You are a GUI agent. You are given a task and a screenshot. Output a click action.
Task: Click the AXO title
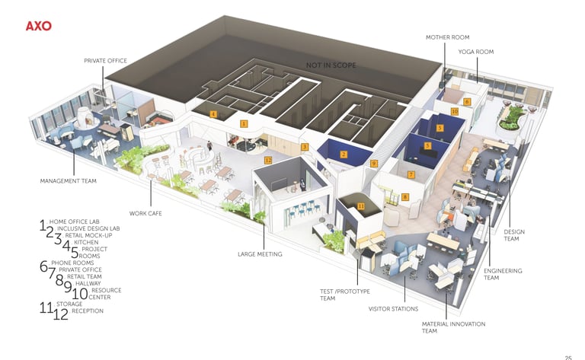[x=38, y=26]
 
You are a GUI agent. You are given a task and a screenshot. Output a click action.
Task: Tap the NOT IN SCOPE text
[x=331, y=65]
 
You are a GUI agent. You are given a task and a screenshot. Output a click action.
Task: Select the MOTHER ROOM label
[x=447, y=37]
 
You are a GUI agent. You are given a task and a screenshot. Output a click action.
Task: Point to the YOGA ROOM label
[x=476, y=52]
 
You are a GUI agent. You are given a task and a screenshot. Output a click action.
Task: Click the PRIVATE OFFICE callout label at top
[x=105, y=60]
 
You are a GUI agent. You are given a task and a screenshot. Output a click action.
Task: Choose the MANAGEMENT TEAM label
[x=69, y=181]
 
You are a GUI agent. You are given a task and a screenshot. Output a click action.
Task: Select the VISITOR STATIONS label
[x=393, y=309]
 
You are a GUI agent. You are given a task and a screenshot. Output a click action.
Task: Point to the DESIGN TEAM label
[x=514, y=235]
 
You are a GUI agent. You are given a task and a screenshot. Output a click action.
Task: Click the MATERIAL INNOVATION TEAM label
[x=453, y=327]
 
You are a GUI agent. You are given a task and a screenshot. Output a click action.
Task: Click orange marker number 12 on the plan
[x=268, y=161]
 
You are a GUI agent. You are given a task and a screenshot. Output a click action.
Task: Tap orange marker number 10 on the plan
[x=455, y=111]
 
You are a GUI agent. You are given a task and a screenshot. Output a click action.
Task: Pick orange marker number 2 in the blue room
[x=344, y=155]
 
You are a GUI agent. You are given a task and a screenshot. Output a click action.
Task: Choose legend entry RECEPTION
[x=87, y=311]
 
